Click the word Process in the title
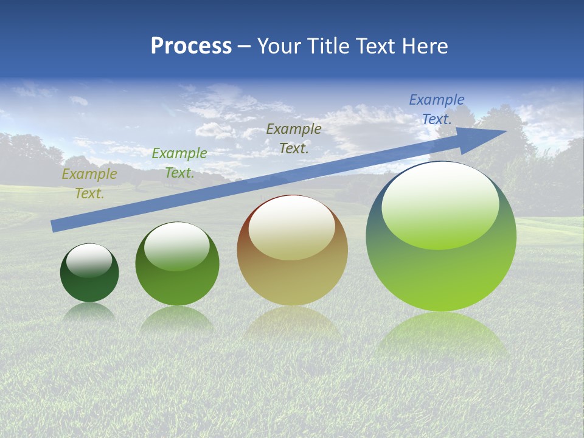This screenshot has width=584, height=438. click(x=191, y=46)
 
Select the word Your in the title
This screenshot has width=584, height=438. click(x=280, y=46)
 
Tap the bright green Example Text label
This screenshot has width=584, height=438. click(x=179, y=163)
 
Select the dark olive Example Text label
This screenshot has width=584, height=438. click(x=294, y=139)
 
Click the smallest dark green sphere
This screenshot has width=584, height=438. click(x=89, y=286)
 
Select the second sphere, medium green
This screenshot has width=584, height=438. click(x=177, y=286)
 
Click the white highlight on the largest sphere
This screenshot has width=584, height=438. click(x=440, y=204)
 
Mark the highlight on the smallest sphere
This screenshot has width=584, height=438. click(x=89, y=260)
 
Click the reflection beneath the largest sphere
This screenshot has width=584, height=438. click(x=441, y=335)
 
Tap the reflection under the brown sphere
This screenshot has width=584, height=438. click(x=292, y=322)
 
